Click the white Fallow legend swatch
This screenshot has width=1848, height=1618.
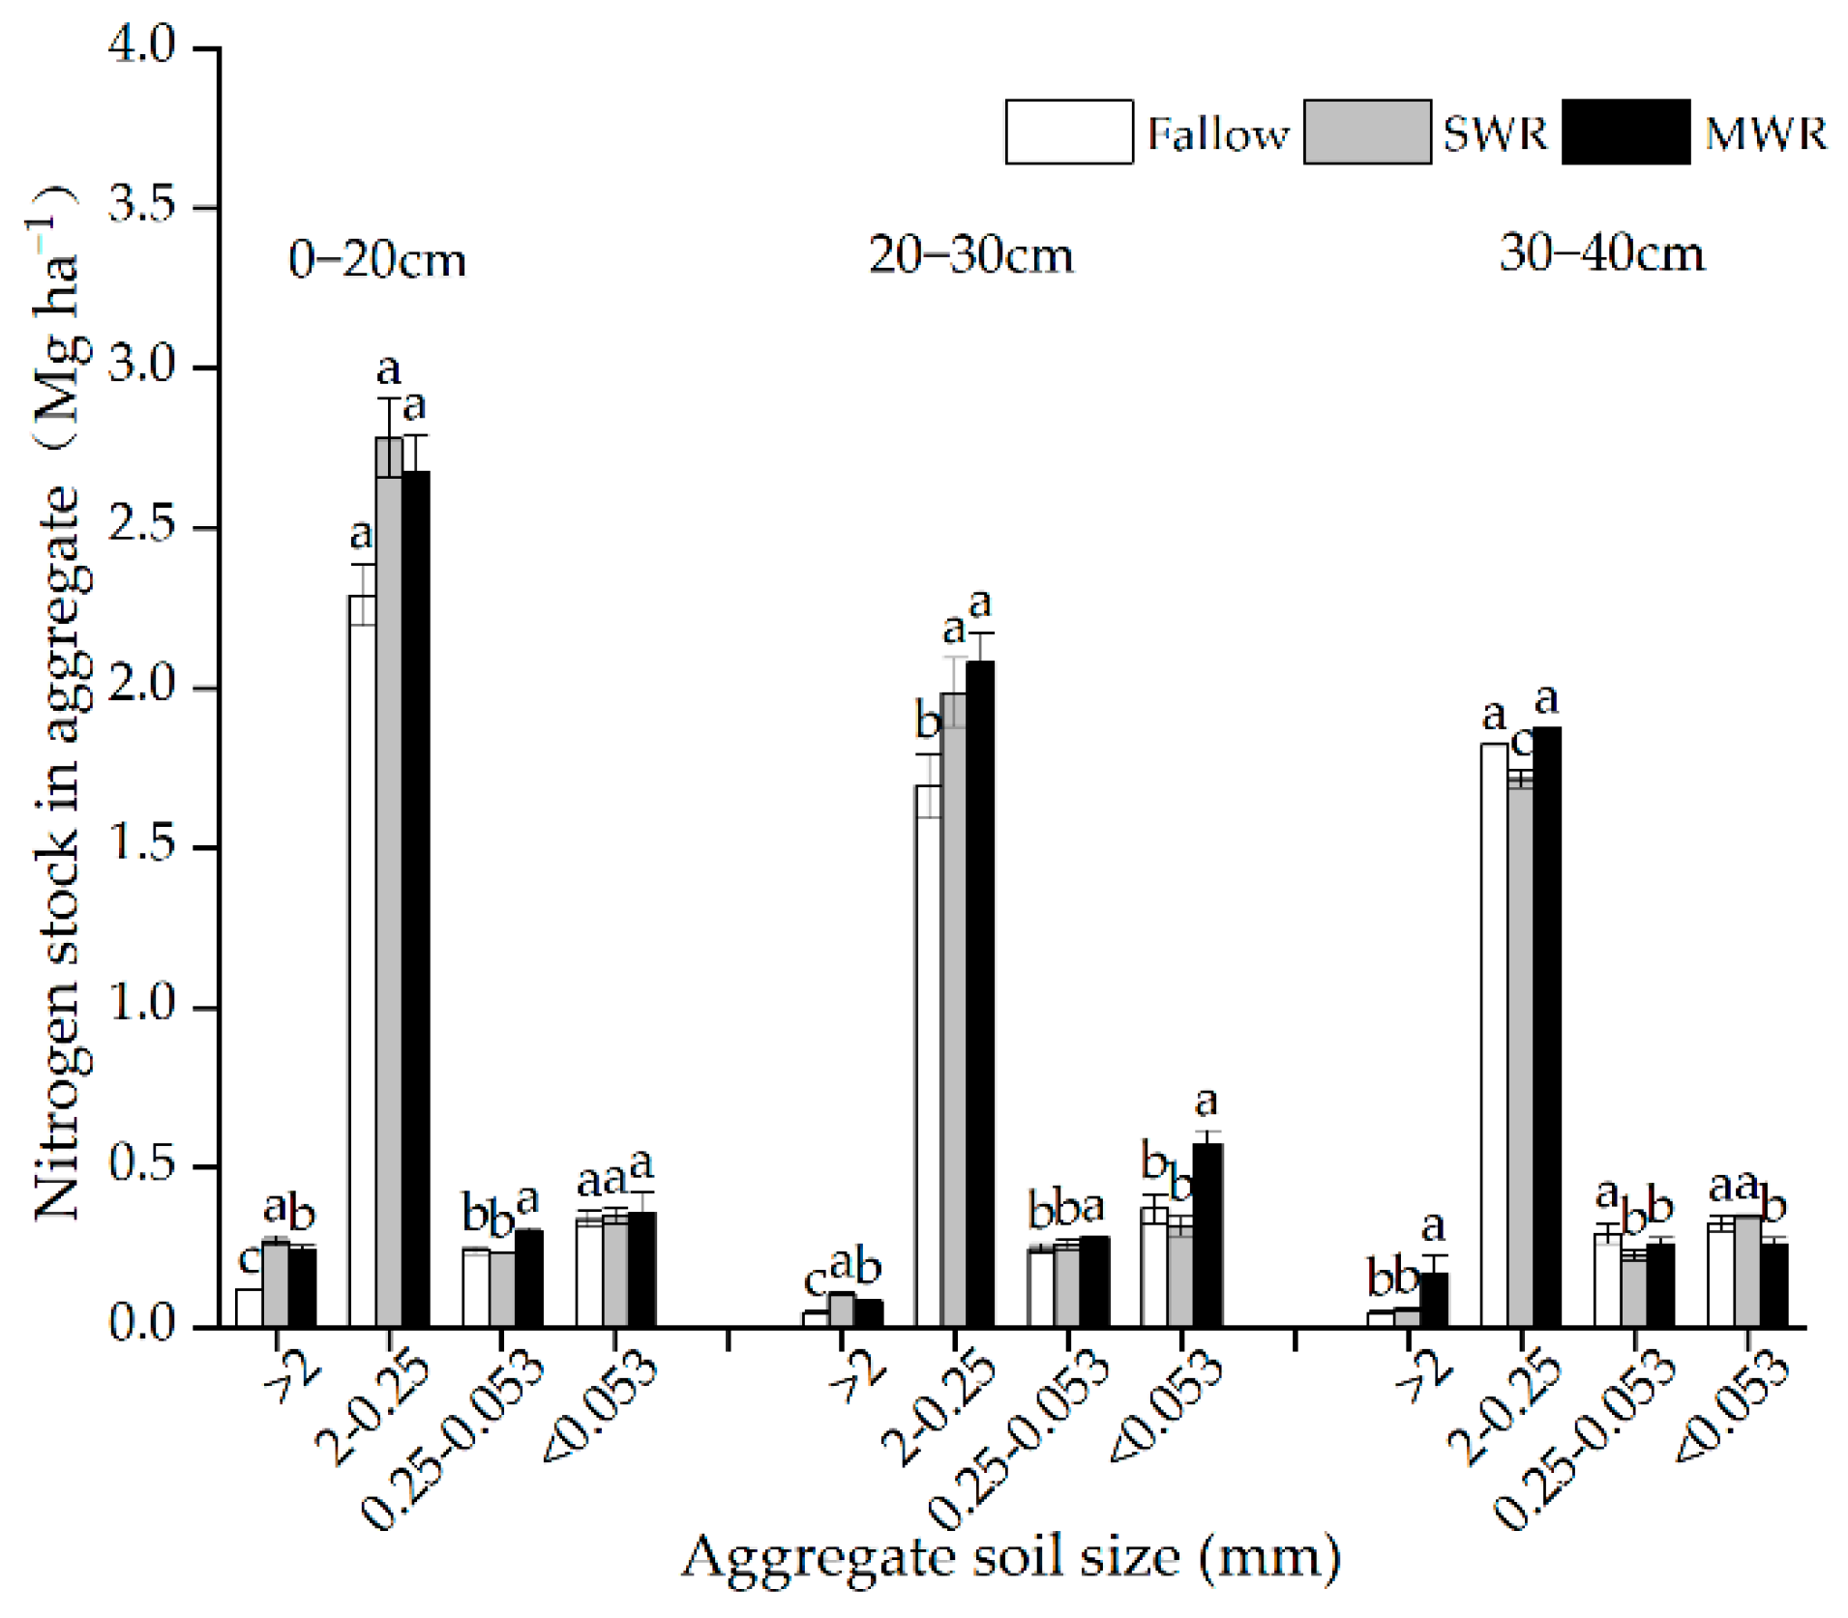pos(1068,132)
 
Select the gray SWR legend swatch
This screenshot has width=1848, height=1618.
pos(1366,132)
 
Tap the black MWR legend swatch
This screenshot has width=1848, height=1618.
pos(1625,132)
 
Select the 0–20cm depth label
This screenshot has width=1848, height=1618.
pos(377,259)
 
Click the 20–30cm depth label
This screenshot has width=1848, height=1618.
pos(970,256)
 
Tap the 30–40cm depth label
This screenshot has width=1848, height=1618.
pos(1601,253)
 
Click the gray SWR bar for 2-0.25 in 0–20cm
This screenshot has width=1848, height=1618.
pos(390,890)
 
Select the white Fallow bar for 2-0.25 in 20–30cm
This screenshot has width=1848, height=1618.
pos(929,1064)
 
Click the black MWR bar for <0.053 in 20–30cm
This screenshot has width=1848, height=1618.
pos(1207,1238)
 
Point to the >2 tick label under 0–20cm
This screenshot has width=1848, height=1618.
pos(290,1374)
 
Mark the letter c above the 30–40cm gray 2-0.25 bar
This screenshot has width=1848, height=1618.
pos(1521,743)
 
